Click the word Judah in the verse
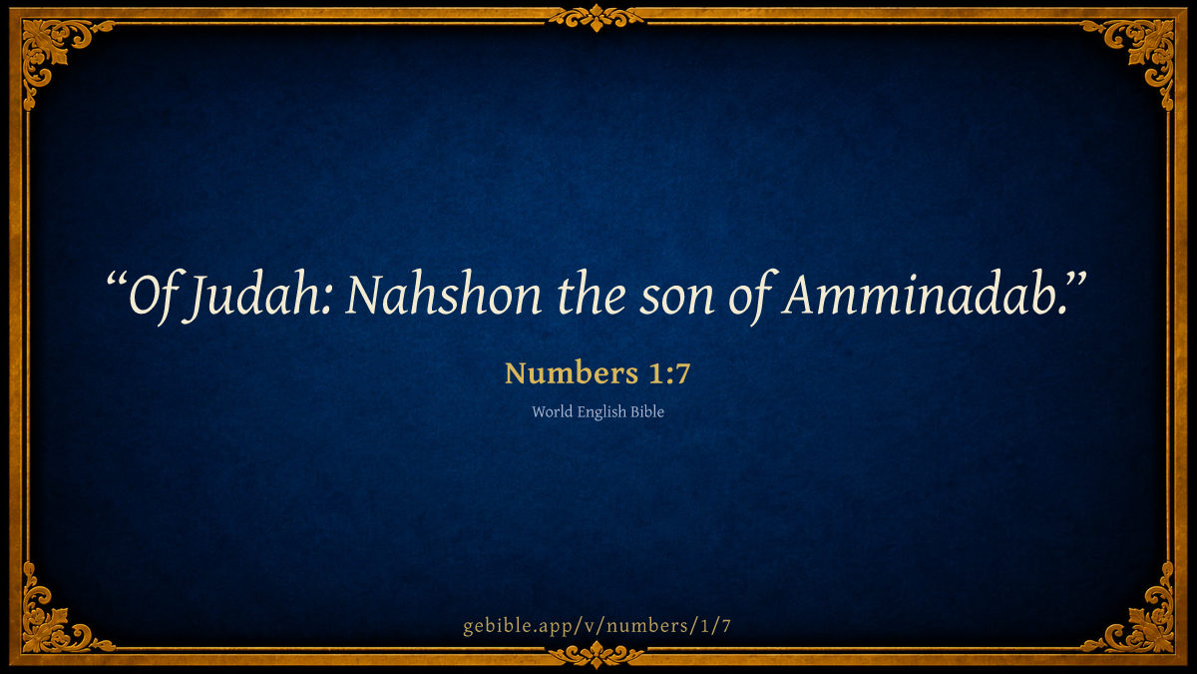pyautogui.click(x=251, y=297)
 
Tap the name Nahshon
pyautogui.click(x=444, y=295)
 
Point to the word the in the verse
pyautogui.click(x=592, y=295)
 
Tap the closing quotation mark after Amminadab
pyautogui.click(x=1074, y=281)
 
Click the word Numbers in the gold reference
pyautogui.click(x=572, y=372)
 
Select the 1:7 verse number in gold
pyautogui.click(x=669, y=373)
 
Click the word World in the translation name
pyautogui.click(x=552, y=411)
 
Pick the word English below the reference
pyautogui.click(x=601, y=412)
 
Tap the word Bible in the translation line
pyautogui.click(x=647, y=411)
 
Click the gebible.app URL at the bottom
pyautogui.click(x=597, y=626)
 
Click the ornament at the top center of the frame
pyautogui.click(x=597, y=18)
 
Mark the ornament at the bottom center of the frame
pyautogui.click(x=597, y=655)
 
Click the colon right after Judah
pyautogui.click(x=327, y=302)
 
